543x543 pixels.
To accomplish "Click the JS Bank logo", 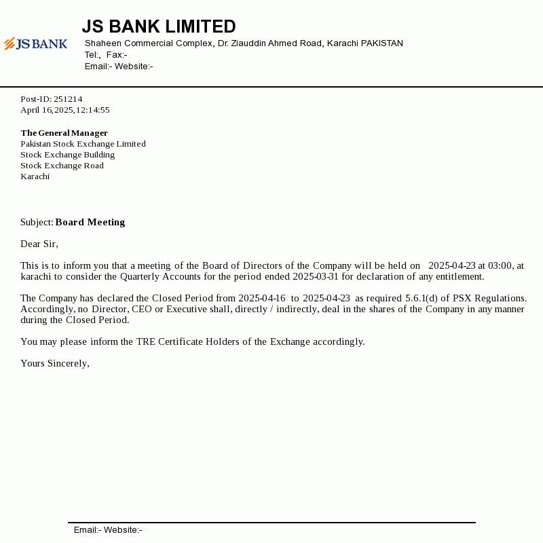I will (x=35, y=44).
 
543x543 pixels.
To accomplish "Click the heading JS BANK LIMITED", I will (x=159, y=26).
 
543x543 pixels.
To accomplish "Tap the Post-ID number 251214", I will (x=68, y=99).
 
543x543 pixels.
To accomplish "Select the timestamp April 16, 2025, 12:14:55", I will (x=65, y=110).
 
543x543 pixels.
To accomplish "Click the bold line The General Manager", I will (x=64, y=133).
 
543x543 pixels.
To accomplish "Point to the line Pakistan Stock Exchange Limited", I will (x=83, y=144).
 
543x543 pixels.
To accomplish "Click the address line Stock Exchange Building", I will (x=67, y=155).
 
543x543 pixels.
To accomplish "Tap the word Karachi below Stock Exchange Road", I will (x=35, y=176).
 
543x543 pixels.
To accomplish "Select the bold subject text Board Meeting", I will (x=90, y=222).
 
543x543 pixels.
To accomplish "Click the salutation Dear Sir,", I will (x=39, y=244).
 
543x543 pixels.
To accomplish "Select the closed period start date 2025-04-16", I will (x=262, y=298).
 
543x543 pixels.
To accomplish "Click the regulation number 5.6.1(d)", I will (x=422, y=298).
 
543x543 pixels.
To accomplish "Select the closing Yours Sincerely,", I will (x=55, y=363).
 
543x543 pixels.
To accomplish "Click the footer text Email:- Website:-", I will (x=108, y=530).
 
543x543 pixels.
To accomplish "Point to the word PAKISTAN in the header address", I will (x=381, y=43).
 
